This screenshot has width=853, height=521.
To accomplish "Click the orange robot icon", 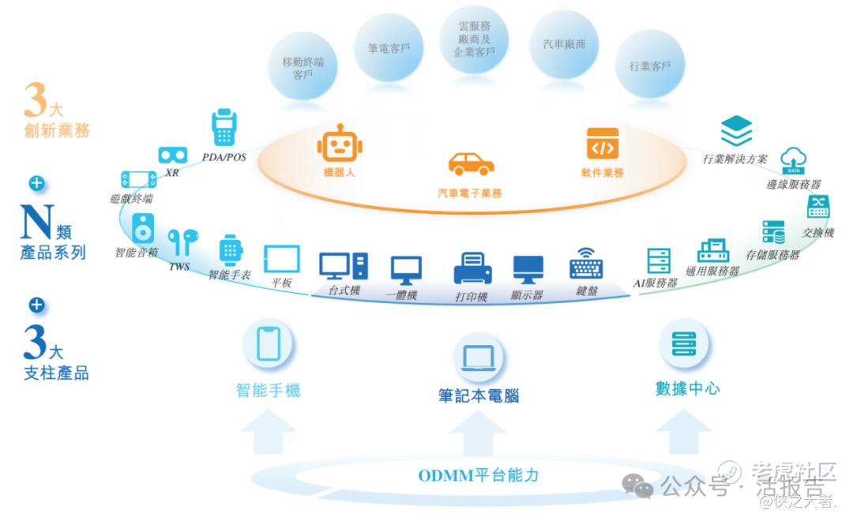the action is pyautogui.click(x=340, y=143).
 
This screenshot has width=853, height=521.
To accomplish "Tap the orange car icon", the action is pyautogui.click(x=471, y=163).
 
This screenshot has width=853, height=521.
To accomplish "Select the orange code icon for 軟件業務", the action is pyautogui.click(x=602, y=144).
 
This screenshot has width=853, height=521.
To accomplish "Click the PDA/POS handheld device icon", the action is pyautogui.click(x=224, y=127).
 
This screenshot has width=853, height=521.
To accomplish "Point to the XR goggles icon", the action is pyautogui.click(x=173, y=156).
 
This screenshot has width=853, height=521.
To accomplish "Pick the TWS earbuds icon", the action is pyautogui.click(x=182, y=242).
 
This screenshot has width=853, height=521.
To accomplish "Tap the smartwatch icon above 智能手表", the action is pyautogui.click(x=230, y=251).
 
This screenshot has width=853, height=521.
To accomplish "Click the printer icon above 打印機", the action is pyautogui.click(x=473, y=268).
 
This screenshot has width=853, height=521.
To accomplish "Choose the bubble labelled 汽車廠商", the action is pyautogui.click(x=564, y=44).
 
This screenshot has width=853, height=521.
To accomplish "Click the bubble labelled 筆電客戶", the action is pyautogui.click(x=389, y=48).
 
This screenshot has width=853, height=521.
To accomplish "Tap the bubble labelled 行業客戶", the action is pyautogui.click(x=649, y=66).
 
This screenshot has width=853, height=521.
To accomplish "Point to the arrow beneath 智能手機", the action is pyautogui.click(x=269, y=432).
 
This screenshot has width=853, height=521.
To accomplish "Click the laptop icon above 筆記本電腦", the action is pyautogui.click(x=479, y=358).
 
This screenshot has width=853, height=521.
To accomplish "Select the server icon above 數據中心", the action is pyautogui.click(x=684, y=343).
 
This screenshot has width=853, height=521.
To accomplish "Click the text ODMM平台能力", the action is pyautogui.click(x=478, y=475).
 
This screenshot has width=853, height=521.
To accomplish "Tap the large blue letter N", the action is pyautogui.click(x=37, y=221).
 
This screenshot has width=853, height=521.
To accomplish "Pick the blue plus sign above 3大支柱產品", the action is pyautogui.click(x=37, y=305).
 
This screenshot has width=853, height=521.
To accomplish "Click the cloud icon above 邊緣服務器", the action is pyautogui.click(x=794, y=160).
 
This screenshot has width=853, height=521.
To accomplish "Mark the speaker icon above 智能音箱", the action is pyautogui.click(x=142, y=228).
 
